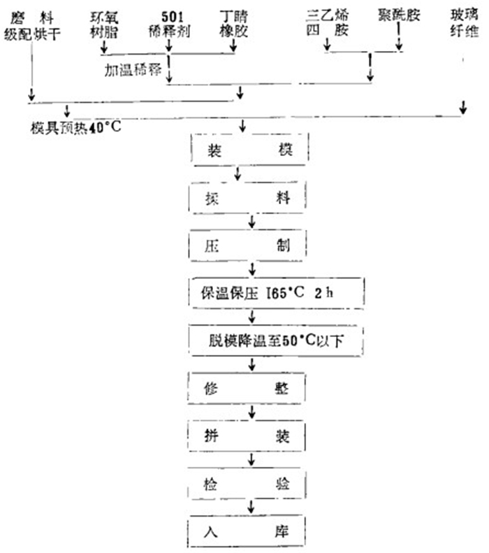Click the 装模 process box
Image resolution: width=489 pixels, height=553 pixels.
point(242,150)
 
